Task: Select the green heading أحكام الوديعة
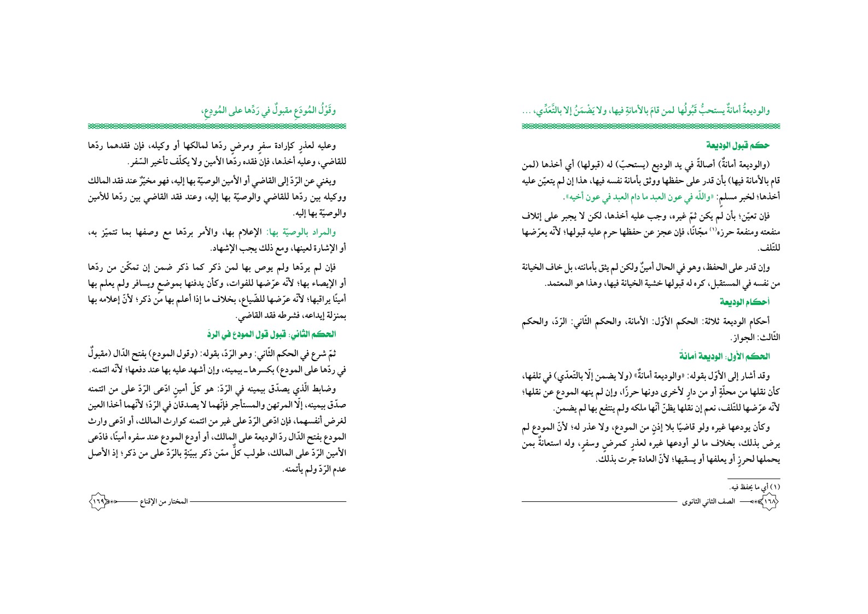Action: [750, 302]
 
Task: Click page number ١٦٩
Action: [97, 501]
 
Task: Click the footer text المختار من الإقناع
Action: [164, 501]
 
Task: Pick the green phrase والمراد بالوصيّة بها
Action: [310, 232]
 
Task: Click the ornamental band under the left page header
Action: [217, 126]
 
